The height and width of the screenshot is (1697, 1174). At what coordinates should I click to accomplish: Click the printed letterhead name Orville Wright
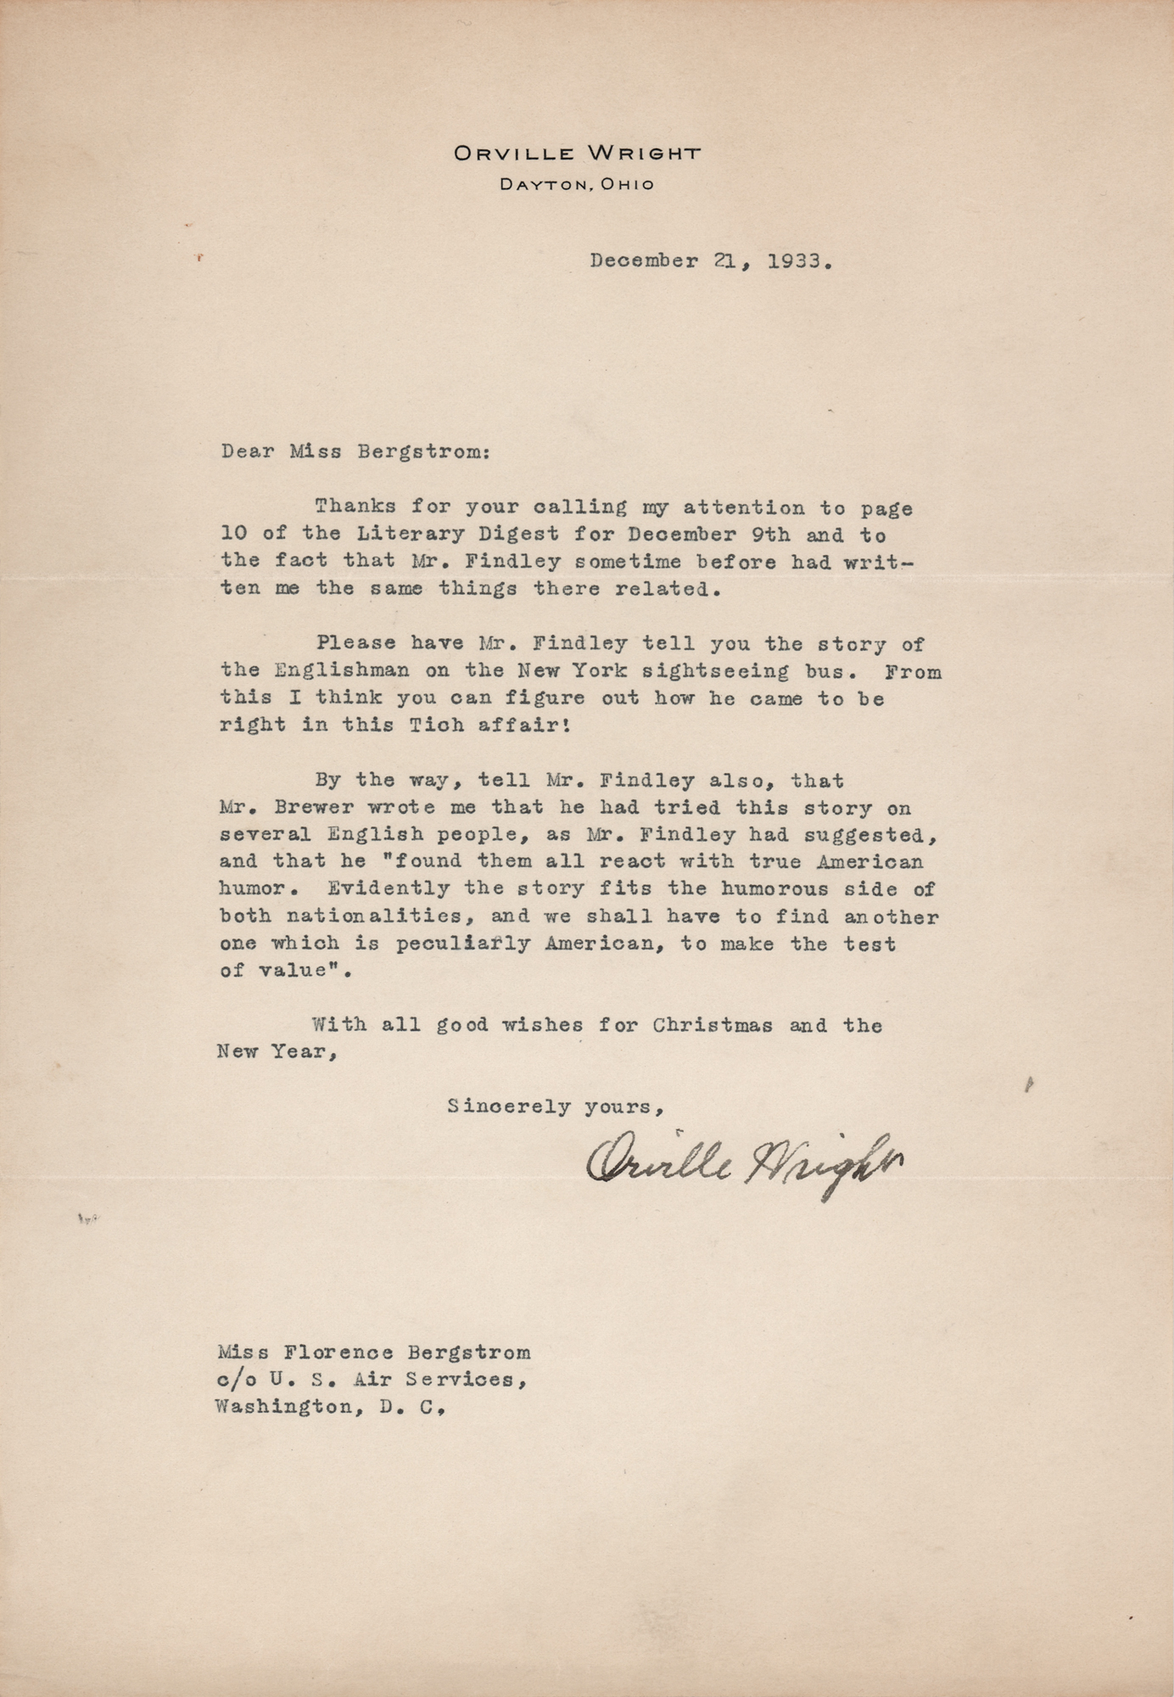click(x=577, y=154)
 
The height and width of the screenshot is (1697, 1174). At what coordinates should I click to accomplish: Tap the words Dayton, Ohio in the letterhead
click(x=577, y=184)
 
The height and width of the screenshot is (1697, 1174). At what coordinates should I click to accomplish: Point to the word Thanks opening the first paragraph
click(x=355, y=507)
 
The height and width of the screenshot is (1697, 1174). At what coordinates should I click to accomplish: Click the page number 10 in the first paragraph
click(x=231, y=535)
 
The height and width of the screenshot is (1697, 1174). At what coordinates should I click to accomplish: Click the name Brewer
click(x=305, y=808)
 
